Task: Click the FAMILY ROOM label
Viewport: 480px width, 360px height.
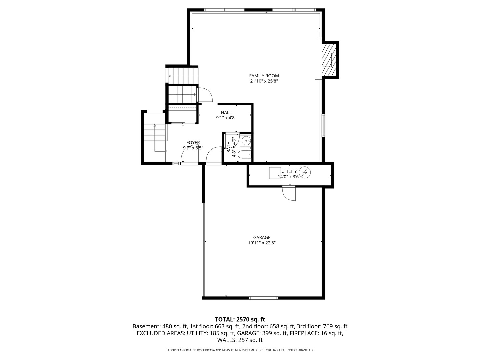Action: tap(264, 76)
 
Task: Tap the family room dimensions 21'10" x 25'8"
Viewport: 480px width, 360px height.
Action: tap(264, 81)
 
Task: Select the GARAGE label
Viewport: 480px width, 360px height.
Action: tap(262, 238)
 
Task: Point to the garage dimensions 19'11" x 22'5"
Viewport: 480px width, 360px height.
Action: tap(262, 243)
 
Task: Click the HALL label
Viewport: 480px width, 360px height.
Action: tap(226, 113)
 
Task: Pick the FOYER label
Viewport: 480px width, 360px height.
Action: tap(193, 143)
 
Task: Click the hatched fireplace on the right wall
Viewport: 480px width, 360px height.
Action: tap(327, 60)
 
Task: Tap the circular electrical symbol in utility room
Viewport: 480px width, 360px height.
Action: tap(305, 172)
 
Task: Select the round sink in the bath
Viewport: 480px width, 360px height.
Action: tap(246, 141)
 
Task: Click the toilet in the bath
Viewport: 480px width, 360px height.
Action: tap(245, 154)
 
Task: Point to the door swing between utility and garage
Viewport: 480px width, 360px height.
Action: tap(289, 193)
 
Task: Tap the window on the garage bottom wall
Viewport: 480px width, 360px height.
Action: tap(263, 298)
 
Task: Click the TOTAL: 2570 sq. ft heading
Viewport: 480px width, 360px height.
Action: tap(240, 320)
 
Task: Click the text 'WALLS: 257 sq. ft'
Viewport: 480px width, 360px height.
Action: tap(240, 340)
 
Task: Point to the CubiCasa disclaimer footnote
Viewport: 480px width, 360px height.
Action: tap(240, 350)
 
